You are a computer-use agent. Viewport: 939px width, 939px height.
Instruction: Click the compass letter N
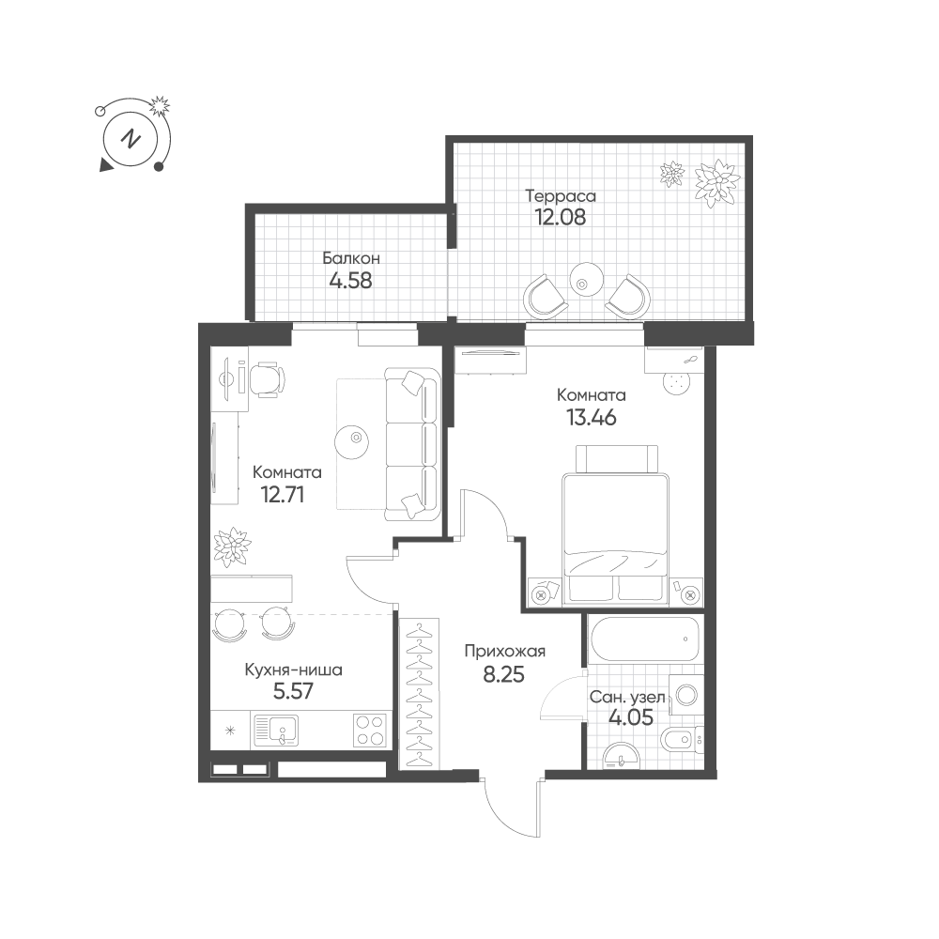[130, 140]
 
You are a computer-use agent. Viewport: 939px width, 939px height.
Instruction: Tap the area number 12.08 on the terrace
[560, 217]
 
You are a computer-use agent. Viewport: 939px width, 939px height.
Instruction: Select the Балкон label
[351, 258]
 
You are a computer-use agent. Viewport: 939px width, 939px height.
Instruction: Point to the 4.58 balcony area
[351, 280]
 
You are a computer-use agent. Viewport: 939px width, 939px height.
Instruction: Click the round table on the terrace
[585, 279]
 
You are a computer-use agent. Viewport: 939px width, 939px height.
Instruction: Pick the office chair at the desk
[267, 379]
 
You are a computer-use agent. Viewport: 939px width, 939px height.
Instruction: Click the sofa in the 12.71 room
[412, 444]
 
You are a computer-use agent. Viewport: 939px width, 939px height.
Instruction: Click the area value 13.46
[592, 417]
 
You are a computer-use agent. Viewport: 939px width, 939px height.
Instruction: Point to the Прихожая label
[505, 651]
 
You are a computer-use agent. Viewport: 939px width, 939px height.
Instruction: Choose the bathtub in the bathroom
[643, 639]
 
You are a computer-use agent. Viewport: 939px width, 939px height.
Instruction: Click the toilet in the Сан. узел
[684, 740]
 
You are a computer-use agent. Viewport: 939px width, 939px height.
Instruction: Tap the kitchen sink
[276, 731]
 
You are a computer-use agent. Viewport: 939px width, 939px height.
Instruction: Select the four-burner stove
[369, 731]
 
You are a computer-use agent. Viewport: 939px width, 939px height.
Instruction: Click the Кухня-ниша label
[293, 670]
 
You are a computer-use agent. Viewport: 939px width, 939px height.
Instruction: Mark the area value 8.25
[503, 674]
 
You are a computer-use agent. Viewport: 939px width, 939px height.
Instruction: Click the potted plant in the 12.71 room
[232, 546]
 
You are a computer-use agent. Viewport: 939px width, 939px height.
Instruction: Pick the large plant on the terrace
[716, 183]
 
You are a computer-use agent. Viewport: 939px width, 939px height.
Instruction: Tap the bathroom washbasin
[621, 756]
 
